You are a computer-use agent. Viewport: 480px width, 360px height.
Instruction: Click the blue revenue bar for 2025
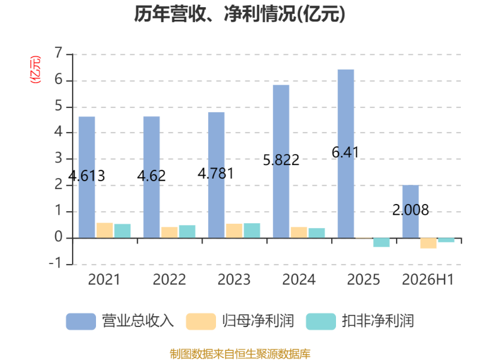(346, 154)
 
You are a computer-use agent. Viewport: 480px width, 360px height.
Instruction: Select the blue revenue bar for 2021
(86, 177)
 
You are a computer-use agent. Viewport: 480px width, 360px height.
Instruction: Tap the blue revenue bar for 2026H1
(410, 212)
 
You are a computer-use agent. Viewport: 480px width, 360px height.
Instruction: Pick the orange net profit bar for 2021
(104, 230)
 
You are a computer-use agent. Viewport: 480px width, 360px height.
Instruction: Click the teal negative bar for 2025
(381, 242)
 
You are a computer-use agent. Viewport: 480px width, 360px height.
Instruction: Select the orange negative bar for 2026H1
(428, 243)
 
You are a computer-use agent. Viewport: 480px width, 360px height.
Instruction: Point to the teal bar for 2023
(252, 230)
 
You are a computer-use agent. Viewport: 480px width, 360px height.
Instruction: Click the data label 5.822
(281, 160)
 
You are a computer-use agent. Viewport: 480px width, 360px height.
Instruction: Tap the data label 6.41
(345, 152)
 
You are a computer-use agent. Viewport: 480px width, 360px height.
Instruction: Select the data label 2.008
(410, 210)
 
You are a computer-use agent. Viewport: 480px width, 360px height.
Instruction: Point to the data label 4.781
(215, 174)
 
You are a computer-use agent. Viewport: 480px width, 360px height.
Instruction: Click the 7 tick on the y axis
(58, 53)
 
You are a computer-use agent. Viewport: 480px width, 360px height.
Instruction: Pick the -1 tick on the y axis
(55, 263)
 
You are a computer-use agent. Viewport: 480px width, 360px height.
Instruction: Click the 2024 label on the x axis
(299, 280)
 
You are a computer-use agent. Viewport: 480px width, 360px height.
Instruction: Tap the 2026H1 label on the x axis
(428, 280)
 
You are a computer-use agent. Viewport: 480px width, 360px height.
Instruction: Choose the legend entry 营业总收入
(120, 321)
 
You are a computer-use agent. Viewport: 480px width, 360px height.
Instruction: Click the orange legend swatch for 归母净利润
(201, 322)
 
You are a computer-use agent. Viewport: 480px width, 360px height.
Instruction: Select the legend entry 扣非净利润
(360, 321)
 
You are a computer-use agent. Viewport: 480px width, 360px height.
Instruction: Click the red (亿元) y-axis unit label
(35, 70)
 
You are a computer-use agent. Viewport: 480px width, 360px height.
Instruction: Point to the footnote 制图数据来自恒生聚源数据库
(240, 354)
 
